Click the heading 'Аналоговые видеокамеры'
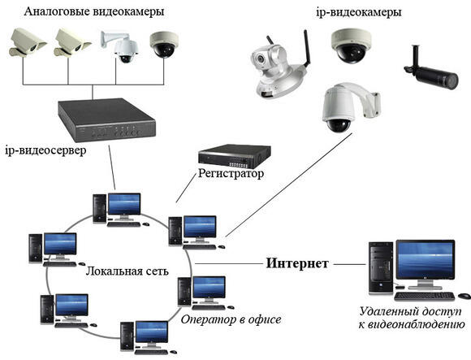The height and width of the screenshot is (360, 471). point(94,12)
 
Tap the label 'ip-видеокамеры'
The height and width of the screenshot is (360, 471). point(359,13)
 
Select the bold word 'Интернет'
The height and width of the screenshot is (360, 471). point(297,263)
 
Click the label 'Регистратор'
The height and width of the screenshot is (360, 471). point(231,173)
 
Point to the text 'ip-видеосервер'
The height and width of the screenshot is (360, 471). point(45,150)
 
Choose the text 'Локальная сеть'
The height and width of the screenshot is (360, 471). point(127,271)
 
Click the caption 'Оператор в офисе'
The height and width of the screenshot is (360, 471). point(231,319)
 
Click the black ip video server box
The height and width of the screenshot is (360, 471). point(106,119)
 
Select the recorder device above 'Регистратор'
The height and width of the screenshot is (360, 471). point(235,156)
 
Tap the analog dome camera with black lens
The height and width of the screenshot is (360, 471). point(164,45)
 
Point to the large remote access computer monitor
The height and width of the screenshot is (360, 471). point(426,264)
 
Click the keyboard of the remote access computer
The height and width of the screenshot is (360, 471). point(424,297)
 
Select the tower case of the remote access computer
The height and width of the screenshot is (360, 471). point(381,267)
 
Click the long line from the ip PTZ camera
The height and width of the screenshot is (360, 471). point(288,185)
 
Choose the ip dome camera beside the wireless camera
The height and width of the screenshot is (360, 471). point(351,46)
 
